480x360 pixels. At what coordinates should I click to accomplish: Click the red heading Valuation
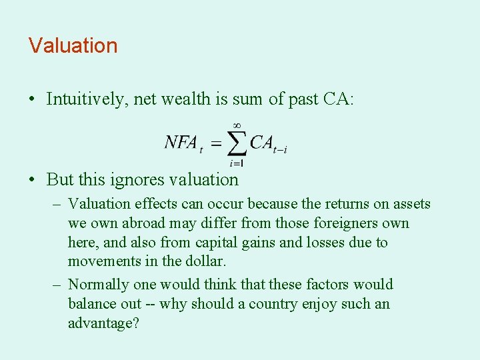tap(73, 46)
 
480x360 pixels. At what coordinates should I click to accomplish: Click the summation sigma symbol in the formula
tap(237, 142)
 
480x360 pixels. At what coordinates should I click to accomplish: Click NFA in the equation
tap(181, 143)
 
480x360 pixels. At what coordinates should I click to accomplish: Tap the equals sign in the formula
tap(215, 143)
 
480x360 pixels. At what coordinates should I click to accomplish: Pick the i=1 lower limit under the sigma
tap(236, 162)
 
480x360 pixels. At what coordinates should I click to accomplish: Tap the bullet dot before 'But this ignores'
tap(32, 180)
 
